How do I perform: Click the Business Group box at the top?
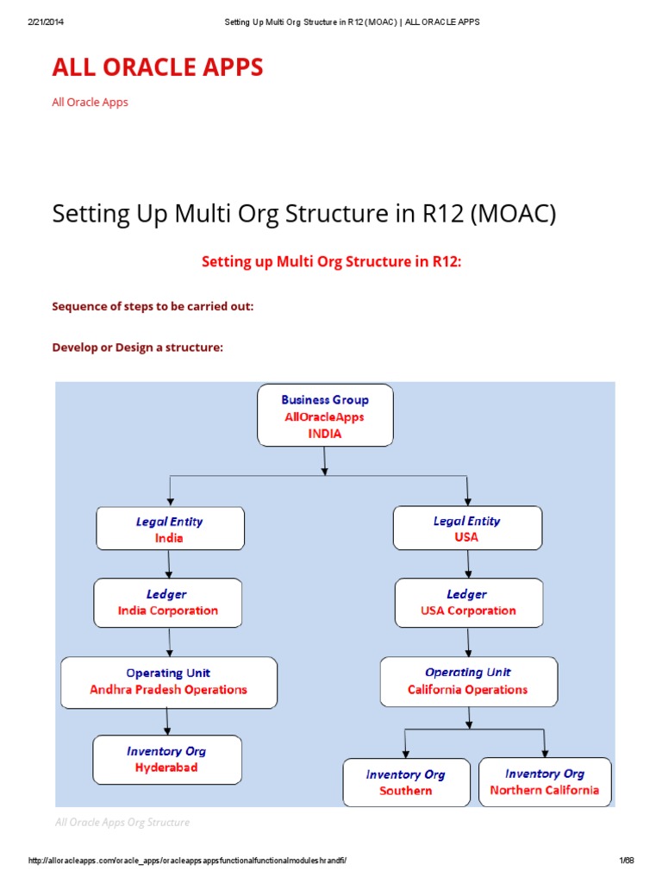pos(325,416)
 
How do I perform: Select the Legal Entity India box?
pos(170,529)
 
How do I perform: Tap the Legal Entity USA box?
pos(467,528)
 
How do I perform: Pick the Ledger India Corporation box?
pos(168,602)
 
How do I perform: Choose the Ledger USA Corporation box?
pos(469,602)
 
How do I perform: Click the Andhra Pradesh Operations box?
pos(169,681)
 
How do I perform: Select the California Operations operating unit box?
pos(468,681)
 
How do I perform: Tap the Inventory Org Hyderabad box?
pos(167,759)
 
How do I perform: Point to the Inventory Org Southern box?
pos(406,782)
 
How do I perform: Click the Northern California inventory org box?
pos(545,781)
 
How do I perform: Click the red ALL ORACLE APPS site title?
pos(158,68)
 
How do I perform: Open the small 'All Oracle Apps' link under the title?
pos(90,102)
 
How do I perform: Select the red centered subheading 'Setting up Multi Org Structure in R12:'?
pos(332,261)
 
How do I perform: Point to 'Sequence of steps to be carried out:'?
pos(153,305)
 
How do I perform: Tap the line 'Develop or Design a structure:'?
pos(138,347)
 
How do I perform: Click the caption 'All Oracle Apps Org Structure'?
pos(122,822)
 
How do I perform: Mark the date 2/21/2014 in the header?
pos(47,22)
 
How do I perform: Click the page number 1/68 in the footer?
pos(626,861)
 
